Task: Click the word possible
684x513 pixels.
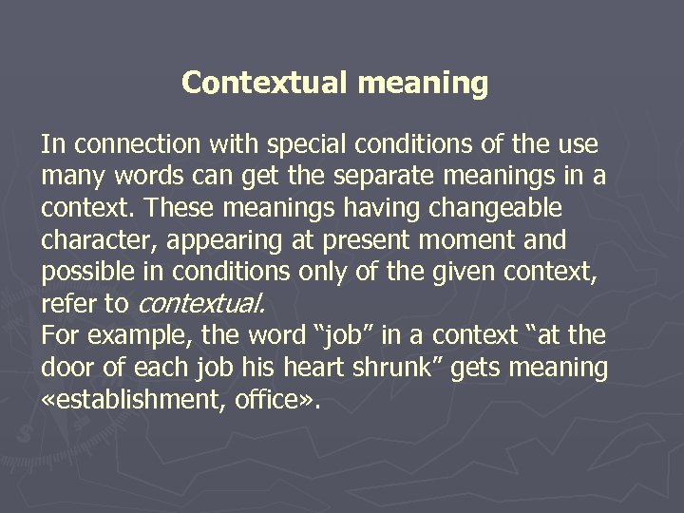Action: pos(85,273)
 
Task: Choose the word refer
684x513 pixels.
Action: pos(65,304)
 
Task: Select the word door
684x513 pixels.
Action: pos(65,368)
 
